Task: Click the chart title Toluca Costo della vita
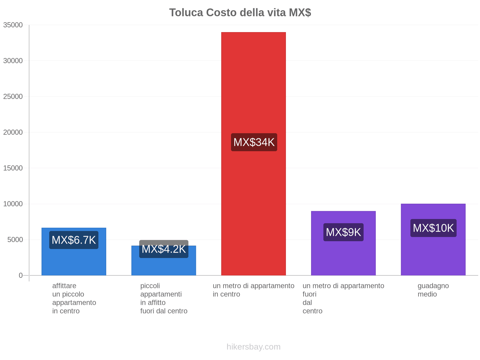click(240, 13)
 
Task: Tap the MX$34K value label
click(254, 142)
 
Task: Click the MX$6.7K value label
click(74, 240)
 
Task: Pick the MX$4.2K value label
click(164, 249)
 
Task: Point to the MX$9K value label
click(343, 232)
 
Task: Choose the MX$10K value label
click(433, 228)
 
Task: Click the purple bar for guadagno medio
click(433, 255)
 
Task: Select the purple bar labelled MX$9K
click(343, 258)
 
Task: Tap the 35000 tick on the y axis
click(13, 25)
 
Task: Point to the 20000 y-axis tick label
click(13, 132)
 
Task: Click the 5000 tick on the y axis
click(15, 240)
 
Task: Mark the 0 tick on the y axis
click(21, 275)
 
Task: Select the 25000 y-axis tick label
click(13, 97)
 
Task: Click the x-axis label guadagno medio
click(433, 290)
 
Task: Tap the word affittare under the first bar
click(64, 286)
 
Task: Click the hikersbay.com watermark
click(253, 347)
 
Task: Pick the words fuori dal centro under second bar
click(164, 311)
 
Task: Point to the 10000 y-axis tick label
click(13, 204)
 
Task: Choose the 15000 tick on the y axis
click(13, 168)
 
